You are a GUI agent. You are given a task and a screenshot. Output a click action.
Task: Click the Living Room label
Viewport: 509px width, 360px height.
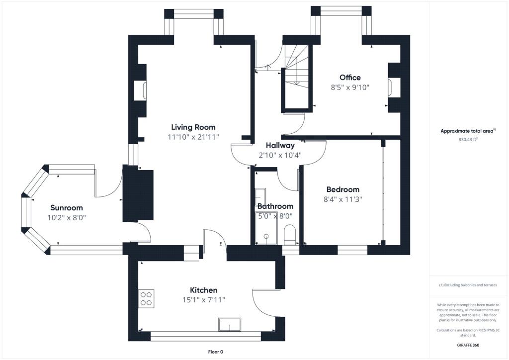(x=193, y=127)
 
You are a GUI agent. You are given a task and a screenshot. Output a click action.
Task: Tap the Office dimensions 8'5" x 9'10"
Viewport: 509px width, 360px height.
(x=350, y=88)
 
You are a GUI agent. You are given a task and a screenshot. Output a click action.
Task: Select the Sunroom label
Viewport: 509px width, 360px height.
(x=67, y=208)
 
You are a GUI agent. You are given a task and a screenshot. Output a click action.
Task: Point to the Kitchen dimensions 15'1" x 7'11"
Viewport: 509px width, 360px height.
(x=204, y=300)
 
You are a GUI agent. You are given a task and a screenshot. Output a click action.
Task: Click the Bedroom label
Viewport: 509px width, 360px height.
(x=342, y=189)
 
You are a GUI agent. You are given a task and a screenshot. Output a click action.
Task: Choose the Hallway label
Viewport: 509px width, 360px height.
(x=280, y=146)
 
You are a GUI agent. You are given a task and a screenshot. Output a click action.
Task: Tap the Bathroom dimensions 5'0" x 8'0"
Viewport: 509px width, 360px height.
(x=275, y=216)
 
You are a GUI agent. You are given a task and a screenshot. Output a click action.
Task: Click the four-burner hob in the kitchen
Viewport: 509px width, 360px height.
(x=147, y=297)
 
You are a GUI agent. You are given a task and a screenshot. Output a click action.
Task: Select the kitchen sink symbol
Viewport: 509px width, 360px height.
(x=230, y=325)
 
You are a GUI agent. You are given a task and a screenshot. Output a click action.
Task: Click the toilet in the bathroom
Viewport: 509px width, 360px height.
(x=289, y=234)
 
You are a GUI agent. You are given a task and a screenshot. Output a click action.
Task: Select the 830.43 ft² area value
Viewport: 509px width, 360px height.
(x=468, y=140)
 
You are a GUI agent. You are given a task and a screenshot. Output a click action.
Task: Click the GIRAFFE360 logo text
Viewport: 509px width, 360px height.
(x=468, y=345)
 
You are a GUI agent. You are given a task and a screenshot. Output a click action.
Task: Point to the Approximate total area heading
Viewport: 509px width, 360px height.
(x=468, y=131)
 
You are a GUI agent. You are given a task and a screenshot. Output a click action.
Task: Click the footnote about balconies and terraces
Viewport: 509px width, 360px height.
(x=468, y=285)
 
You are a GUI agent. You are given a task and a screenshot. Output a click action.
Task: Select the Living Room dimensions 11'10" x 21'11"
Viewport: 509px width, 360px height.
(x=193, y=137)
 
